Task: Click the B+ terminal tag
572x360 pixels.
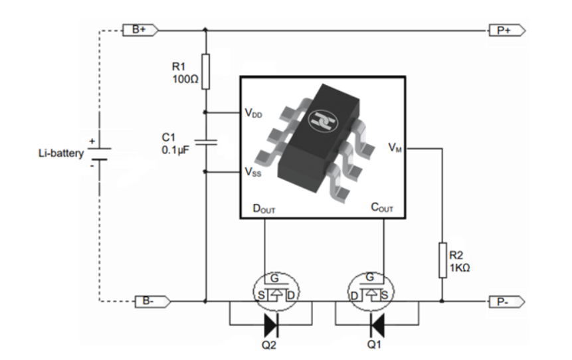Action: tap(140, 30)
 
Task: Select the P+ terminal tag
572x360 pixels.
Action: tap(507, 31)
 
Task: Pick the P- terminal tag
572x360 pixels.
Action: tap(507, 302)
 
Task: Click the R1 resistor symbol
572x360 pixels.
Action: tap(206, 72)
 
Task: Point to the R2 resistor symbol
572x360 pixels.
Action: tap(442, 260)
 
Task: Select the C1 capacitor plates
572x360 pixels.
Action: tap(206, 142)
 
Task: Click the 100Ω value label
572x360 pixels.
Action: tap(185, 79)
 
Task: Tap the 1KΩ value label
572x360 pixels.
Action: tap(460, 268)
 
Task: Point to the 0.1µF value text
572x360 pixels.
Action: tap(175, 150)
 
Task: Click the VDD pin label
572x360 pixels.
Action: tap(253, 113)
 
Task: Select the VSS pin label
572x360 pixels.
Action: tap(253, 172)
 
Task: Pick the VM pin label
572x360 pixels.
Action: tap(395, 147)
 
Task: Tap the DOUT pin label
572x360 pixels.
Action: tap(264, 209)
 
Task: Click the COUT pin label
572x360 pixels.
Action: tap(382, 207)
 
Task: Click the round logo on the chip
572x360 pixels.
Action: tap(323, 120)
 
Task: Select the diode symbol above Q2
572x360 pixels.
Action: tap(272, 325)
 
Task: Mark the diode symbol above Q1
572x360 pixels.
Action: tap(377, 325)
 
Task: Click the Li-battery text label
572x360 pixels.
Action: tap(61, 153)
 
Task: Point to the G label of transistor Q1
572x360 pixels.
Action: tap(369, 277)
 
